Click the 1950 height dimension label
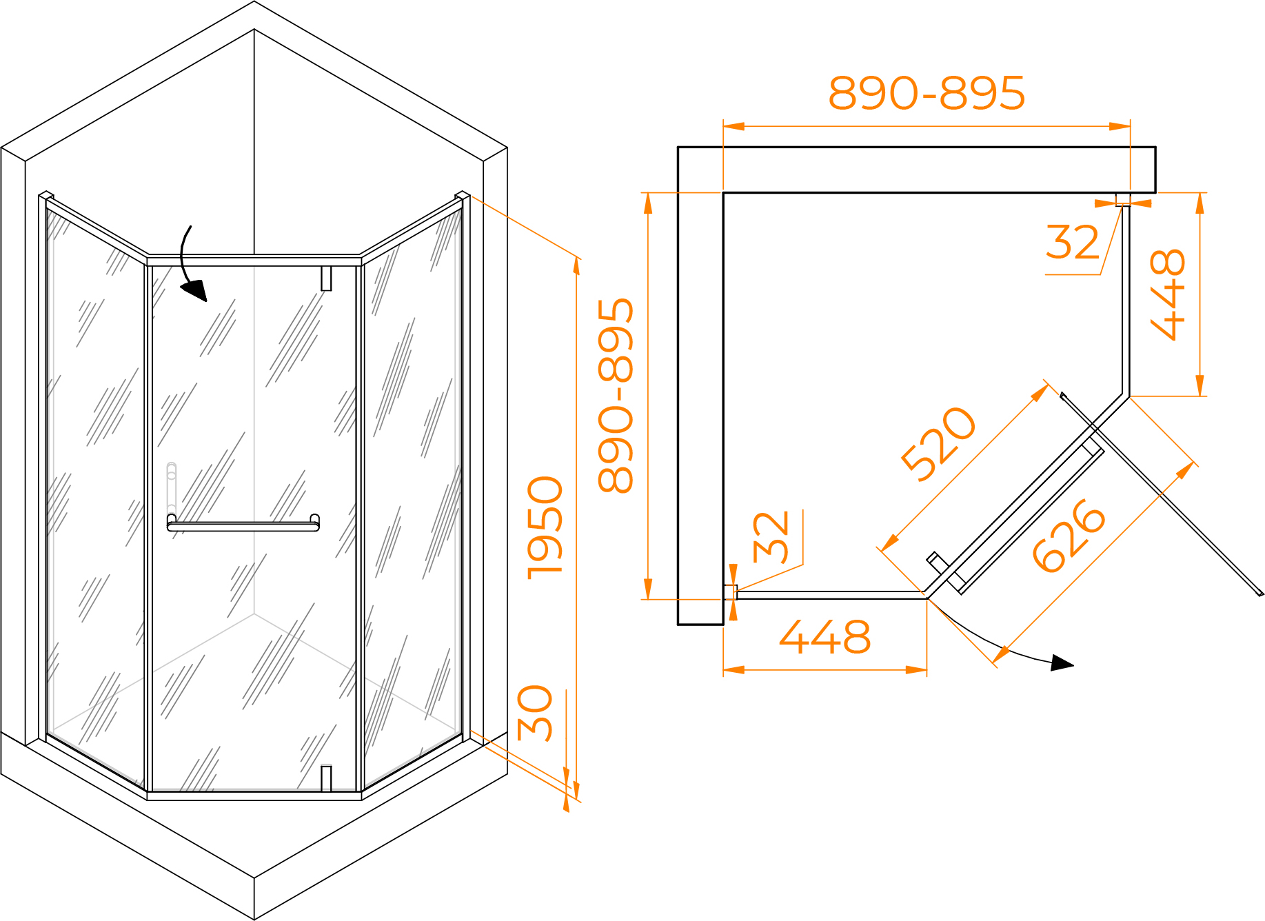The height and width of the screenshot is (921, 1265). (545, 527)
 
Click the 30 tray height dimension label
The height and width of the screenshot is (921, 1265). (535, 713)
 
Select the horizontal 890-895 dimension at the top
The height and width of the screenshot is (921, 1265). (927, 93)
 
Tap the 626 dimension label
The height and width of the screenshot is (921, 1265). (1069, 535)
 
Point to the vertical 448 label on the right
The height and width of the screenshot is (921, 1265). (1168, 295)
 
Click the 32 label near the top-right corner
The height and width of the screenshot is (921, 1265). (1073, 242)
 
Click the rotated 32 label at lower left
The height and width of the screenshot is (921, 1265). (771, 538)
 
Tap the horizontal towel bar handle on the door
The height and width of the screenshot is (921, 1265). (243, 523)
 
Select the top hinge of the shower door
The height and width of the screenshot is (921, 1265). (326, 279)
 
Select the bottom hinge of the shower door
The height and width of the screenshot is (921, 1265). (326, 778)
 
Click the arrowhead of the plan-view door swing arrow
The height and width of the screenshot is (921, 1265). (1062, 663)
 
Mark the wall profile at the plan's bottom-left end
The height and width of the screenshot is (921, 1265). (731, 592)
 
